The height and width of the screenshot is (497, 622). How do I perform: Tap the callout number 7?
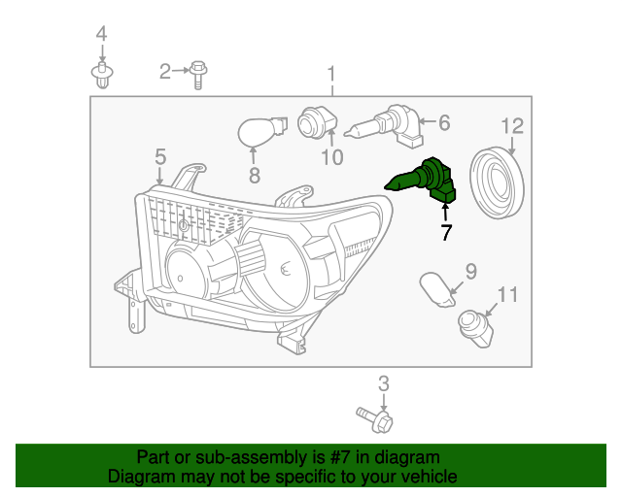point(445,232)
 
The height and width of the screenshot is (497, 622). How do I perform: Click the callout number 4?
point(101,37)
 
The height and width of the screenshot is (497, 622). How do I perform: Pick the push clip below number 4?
point(101,74)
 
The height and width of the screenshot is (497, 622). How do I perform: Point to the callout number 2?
point(165,70)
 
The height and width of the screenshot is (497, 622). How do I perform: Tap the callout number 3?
point(383,382)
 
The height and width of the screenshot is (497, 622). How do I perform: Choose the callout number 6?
point(444,123)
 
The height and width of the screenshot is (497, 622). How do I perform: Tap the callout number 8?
point(254,176)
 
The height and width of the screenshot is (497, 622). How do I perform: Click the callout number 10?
point(330,156)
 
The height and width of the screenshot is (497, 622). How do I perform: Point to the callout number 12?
point(512,125)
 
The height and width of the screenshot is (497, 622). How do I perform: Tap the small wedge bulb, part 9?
point(439,289)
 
